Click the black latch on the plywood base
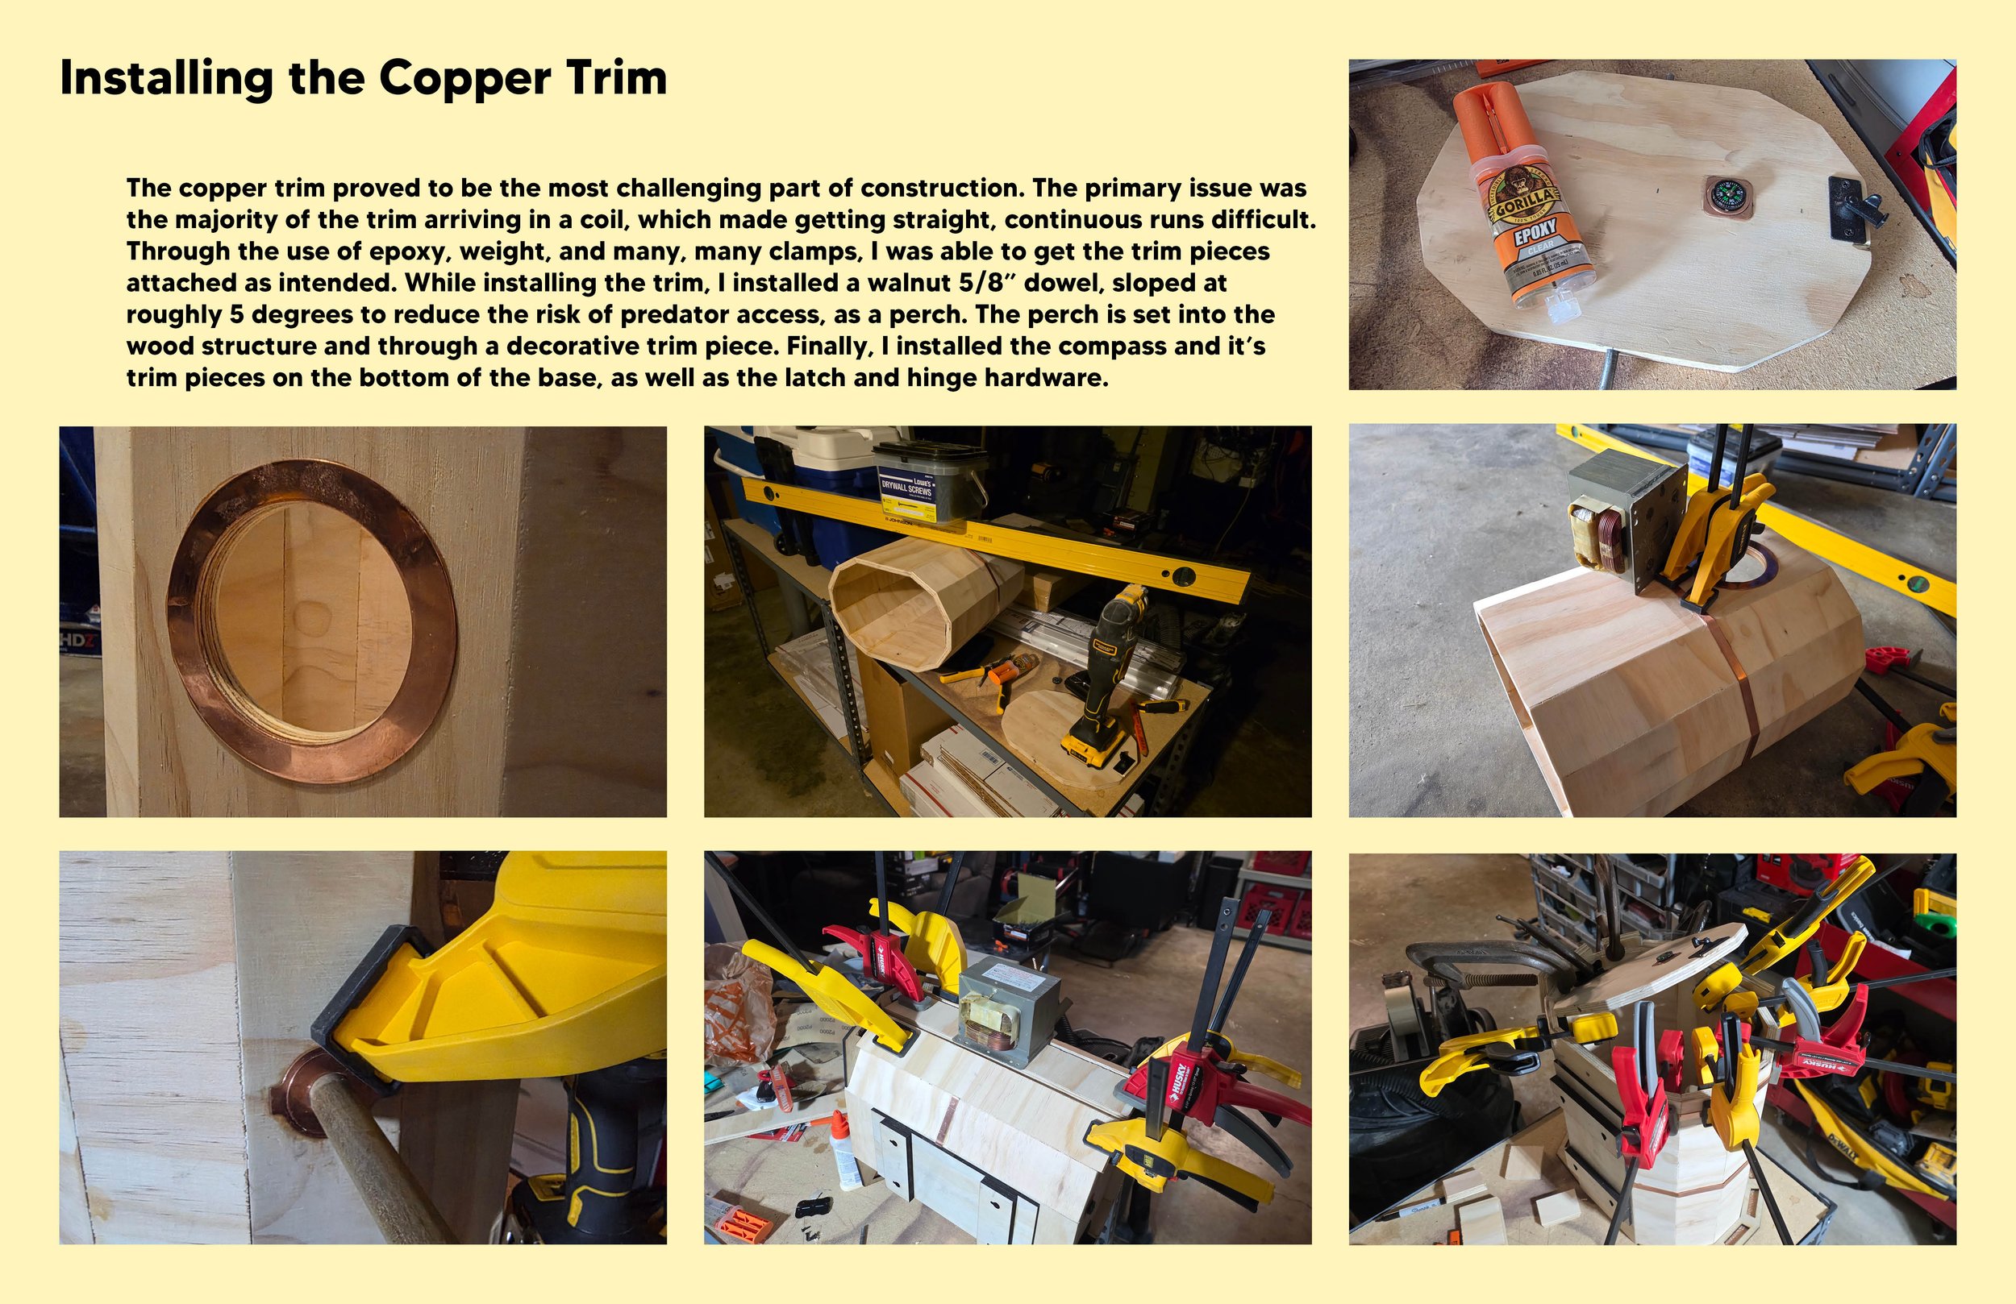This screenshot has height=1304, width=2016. click(x=1855, y=207)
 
